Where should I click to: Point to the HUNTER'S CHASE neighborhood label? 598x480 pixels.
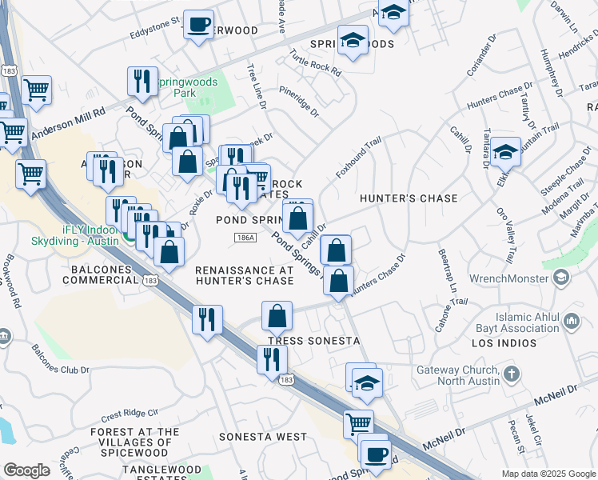[409, 198]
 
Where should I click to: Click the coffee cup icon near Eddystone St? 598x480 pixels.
[198, 23]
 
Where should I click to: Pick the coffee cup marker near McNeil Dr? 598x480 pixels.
[376, 454]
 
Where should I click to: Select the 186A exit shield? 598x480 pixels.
[245, 238]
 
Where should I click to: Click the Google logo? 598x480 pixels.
[26, 470]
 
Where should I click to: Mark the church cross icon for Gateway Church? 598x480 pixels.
[512, 374]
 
